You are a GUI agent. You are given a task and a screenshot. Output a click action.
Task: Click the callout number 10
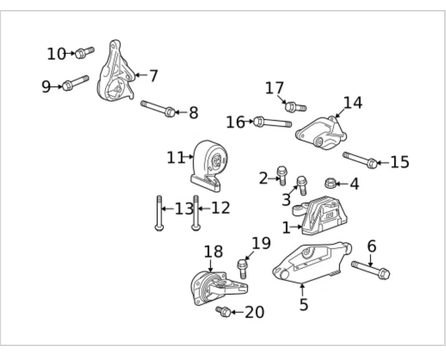tap(56, 54)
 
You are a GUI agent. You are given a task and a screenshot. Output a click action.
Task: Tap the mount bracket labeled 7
tap(115, 74)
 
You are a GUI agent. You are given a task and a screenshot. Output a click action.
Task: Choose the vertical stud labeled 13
tap(159, 213)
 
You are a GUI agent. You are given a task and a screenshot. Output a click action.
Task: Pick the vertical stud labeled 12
tap(196, 213)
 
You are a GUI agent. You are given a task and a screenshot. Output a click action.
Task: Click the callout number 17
tap(275, 87)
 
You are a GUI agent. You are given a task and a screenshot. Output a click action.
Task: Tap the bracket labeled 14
tap(322, 133)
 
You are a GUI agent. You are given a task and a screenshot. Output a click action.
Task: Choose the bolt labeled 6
tap(371, 270)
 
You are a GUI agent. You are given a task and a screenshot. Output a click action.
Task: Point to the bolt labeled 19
tap(242, 268)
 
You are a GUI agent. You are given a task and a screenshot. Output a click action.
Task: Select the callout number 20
tap(254, 312)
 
